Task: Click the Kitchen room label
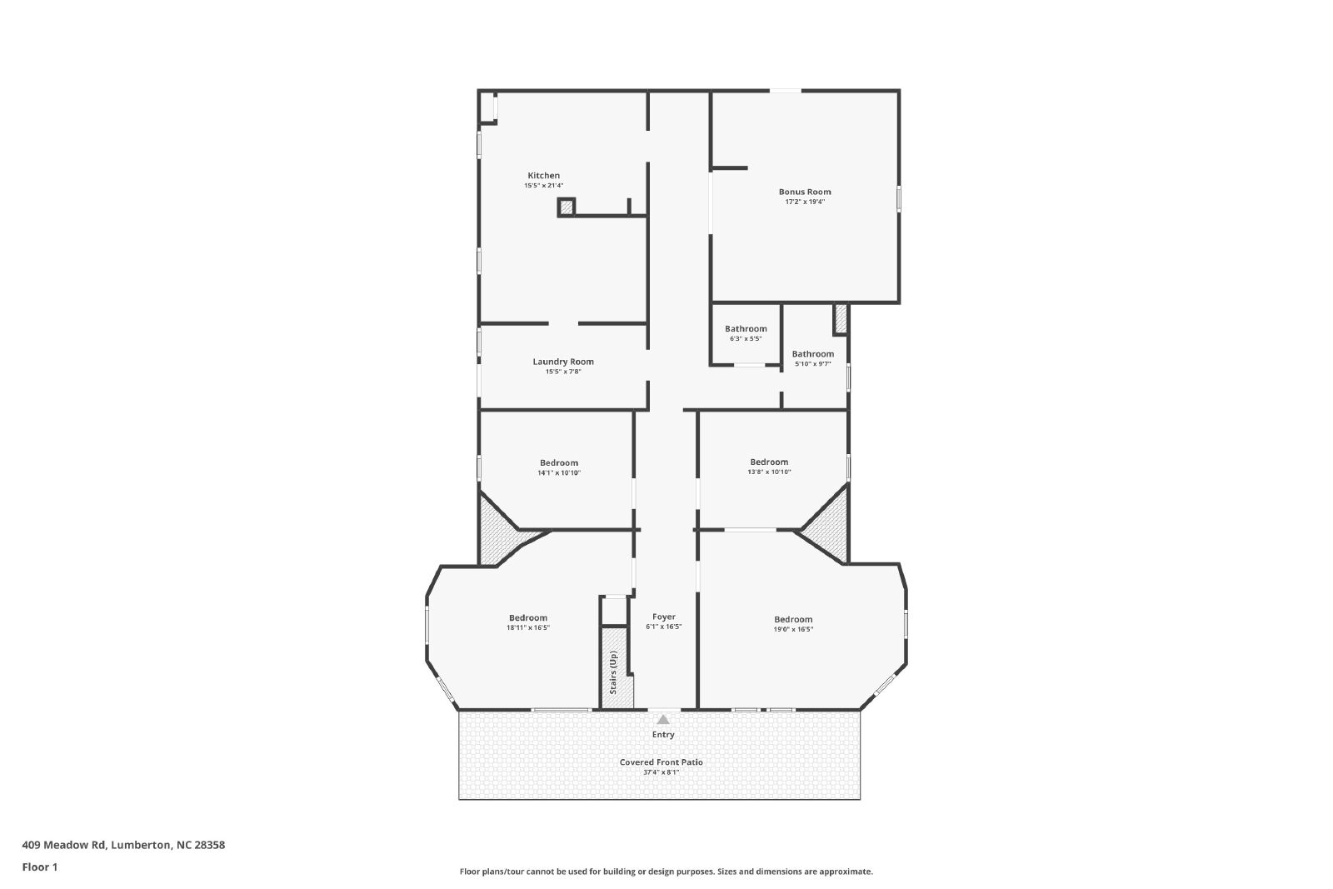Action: coord(543,176)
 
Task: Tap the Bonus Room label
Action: coord(805,192)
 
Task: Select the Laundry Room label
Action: coord(563,362)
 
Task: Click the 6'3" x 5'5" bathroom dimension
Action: coord(746,338)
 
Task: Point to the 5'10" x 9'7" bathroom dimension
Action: coord(813,363)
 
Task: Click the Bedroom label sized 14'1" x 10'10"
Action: coord(559,463)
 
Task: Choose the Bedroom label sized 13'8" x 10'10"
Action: coord(769,462)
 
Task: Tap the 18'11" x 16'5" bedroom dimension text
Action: coord(528,627)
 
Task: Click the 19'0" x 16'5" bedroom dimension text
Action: coord(793,629)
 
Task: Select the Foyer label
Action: coord(663,617)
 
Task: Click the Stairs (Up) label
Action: coord(613,673)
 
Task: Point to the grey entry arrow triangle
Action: coord(663,719)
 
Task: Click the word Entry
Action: coord(663,735)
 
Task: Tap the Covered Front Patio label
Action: coord(662,762)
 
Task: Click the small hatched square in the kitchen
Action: coord(567,207)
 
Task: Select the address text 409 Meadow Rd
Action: coord(63,845)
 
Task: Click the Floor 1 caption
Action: coord(40,867)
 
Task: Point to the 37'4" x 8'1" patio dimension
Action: coord(662,772)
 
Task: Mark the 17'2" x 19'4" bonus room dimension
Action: coord(805,202)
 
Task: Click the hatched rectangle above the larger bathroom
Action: coord(841,319)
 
